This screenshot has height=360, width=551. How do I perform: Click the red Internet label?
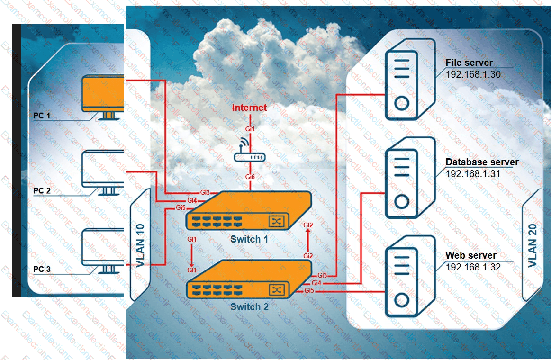[x=249, y=108]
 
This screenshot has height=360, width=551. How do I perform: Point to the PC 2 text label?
[x=42, y=191]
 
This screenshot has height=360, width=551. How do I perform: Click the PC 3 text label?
[x=42, y=270]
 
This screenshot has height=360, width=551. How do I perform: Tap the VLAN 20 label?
[x=533, y=245]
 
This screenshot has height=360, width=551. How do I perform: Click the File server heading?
[x=469, y=63]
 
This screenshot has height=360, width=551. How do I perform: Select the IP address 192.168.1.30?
[x=473, y=74]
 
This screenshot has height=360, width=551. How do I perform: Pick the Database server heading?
[x=482, y=162]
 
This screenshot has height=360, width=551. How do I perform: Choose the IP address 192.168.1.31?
[x=473, y=173]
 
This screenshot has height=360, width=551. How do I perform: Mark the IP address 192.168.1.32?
[x=473, y=267]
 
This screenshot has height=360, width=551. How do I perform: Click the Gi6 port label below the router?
[x=250, y=177]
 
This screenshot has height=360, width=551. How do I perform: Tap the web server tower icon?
[x=401, y=276]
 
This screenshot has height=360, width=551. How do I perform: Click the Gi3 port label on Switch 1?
[x=205, y=192]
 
